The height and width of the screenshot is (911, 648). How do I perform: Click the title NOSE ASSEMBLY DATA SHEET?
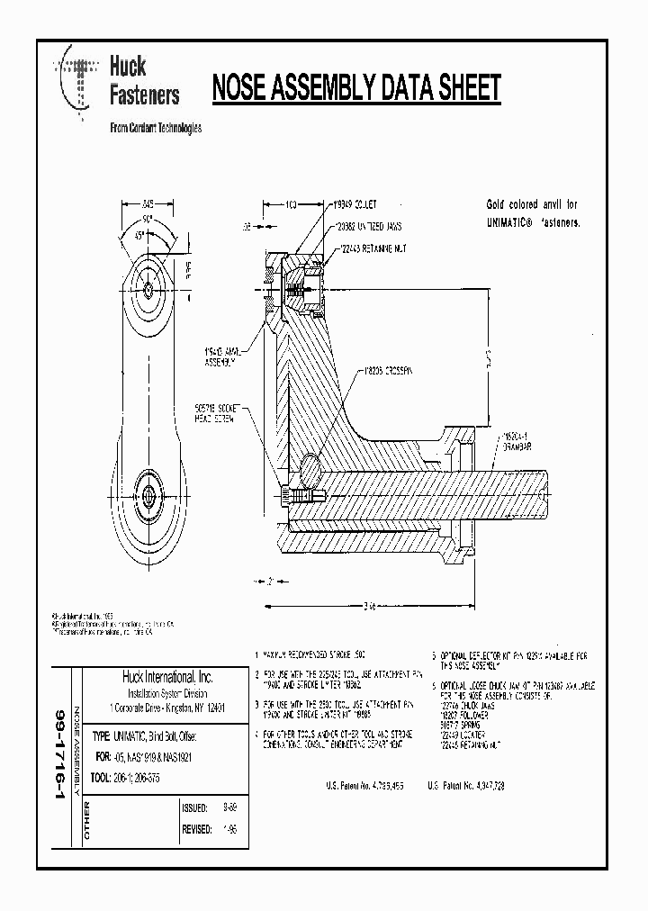click(x=355, y=88)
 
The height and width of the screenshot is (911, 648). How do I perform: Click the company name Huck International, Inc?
click(x=167, y=677)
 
